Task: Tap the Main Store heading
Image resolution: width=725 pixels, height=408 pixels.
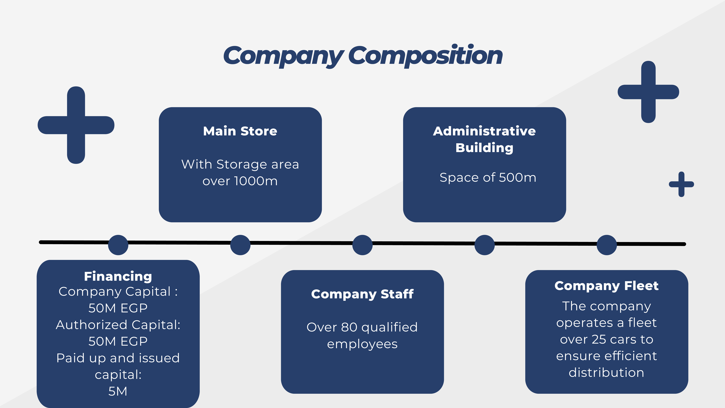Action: tap(240, 131)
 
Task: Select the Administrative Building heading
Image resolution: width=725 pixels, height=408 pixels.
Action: tap(484, 139)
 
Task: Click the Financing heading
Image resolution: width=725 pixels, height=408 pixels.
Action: tap(118, 276)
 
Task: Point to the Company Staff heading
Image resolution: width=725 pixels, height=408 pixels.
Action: tap(362, 294)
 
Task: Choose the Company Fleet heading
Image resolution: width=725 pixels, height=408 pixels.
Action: tap(606, 286)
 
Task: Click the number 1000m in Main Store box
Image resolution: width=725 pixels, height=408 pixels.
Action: tap(256, 181)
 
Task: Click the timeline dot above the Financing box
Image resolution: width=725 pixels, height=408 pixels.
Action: tap(118, 245)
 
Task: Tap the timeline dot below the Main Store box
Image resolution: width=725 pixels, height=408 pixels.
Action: tap(240, 245)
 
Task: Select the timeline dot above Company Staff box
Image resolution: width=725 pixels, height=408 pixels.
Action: tap(362, 245)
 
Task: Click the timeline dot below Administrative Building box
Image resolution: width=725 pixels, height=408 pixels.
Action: tap(485, 245)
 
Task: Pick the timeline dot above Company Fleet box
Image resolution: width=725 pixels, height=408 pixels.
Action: tap(607, 245)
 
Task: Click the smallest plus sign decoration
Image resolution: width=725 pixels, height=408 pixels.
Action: tap(681, 184)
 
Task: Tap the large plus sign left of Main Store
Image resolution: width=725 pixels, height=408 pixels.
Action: tap(76, 125)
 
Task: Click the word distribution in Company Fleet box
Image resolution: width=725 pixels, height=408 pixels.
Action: tap(606, 373)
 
